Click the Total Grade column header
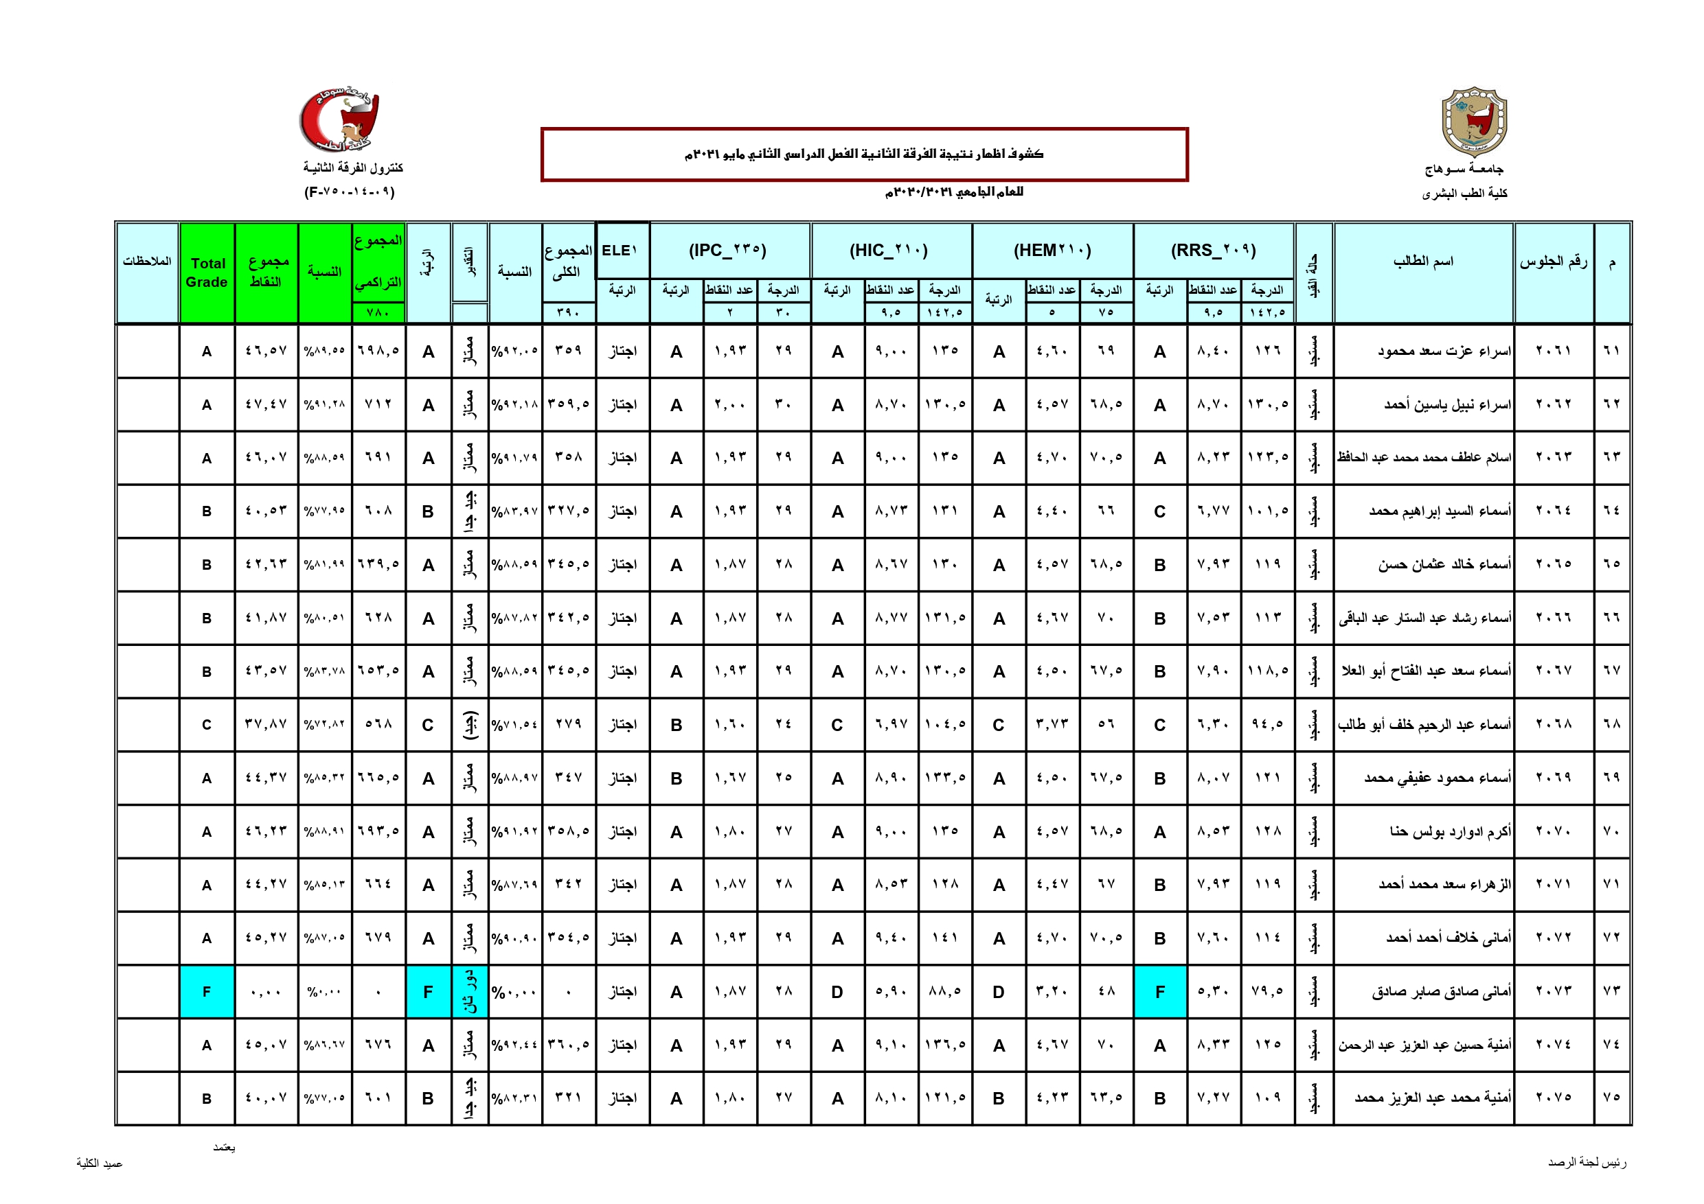(207, 273)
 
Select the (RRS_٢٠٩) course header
(1214, 250)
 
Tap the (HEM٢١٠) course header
(1052, 250)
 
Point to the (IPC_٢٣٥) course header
(727, 250)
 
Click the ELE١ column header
(620, 250)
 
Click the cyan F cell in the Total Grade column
(207, 991)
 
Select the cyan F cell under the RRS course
(1160, 991)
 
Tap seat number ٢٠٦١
(1554, 350)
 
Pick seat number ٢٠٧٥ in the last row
(1554, 1097)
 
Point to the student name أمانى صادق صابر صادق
(1440, 991)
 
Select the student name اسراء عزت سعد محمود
(1444, 350)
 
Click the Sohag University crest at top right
(1474, 121)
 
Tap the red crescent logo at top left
(340, 120)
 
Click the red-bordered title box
(864, 154)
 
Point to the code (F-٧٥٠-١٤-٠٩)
(350, 192)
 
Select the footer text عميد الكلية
(100, 1164)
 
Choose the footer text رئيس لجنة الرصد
(1587, 1162)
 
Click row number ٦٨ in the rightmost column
(1611, 724)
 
